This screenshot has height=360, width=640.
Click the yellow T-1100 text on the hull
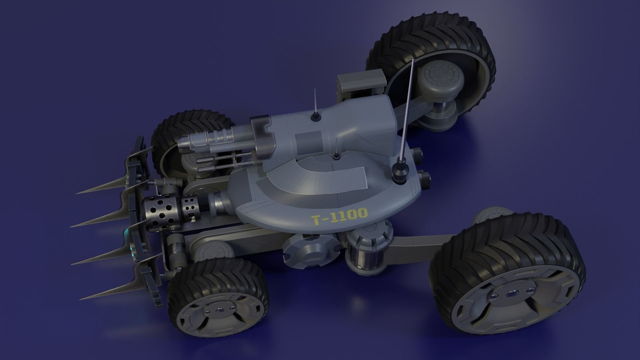pyautogui.click(x=339, y=217)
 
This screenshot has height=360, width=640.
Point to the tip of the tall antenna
pyautogui.click(x=413, y=60)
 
